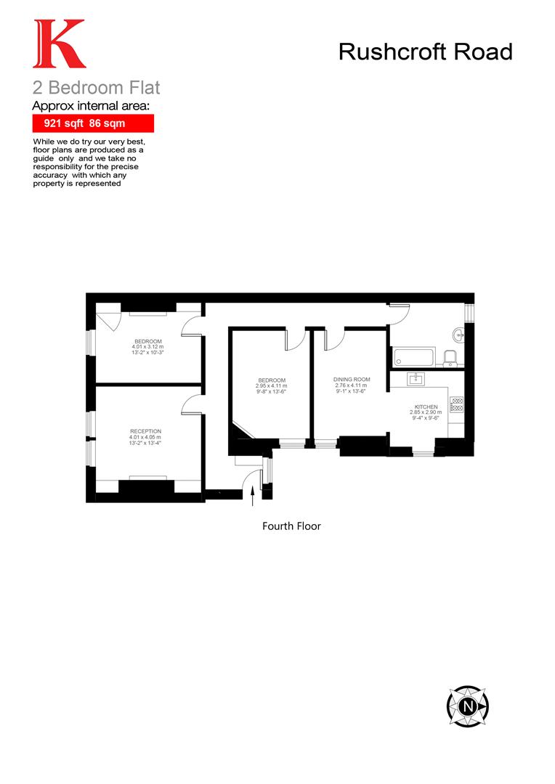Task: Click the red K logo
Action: pyautogui.click(x=59, y=44)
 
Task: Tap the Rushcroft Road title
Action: pyautogui.click(x=426, y=52)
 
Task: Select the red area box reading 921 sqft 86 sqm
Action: pyautogui.click(x=92, y=123)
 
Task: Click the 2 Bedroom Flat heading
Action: pyautogui.click(x=96, y=89)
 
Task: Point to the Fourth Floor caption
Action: pyautogui.click(x=291, y=526)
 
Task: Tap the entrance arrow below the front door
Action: pyautogui.click(x=252, y=497)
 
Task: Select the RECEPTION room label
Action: pyautogui.click(x=145, y=431)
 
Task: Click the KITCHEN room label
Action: pyautogui.click(x=426, y=407)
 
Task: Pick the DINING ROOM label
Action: pyautogui.click(x=352, y=380)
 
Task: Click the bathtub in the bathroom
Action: pyautogui.click(x=413, y=357)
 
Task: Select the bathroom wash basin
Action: pyautogui.click(x=458, y=335)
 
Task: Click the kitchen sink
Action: pyautogui.click(x=416, y=378)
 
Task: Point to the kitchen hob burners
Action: pyautogui.click(x=457, y=404)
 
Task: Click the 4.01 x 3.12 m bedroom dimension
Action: pyautogui.click(x=147, y=347)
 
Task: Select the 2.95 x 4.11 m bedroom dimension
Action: pyautogui.click(x=271, y=386)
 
